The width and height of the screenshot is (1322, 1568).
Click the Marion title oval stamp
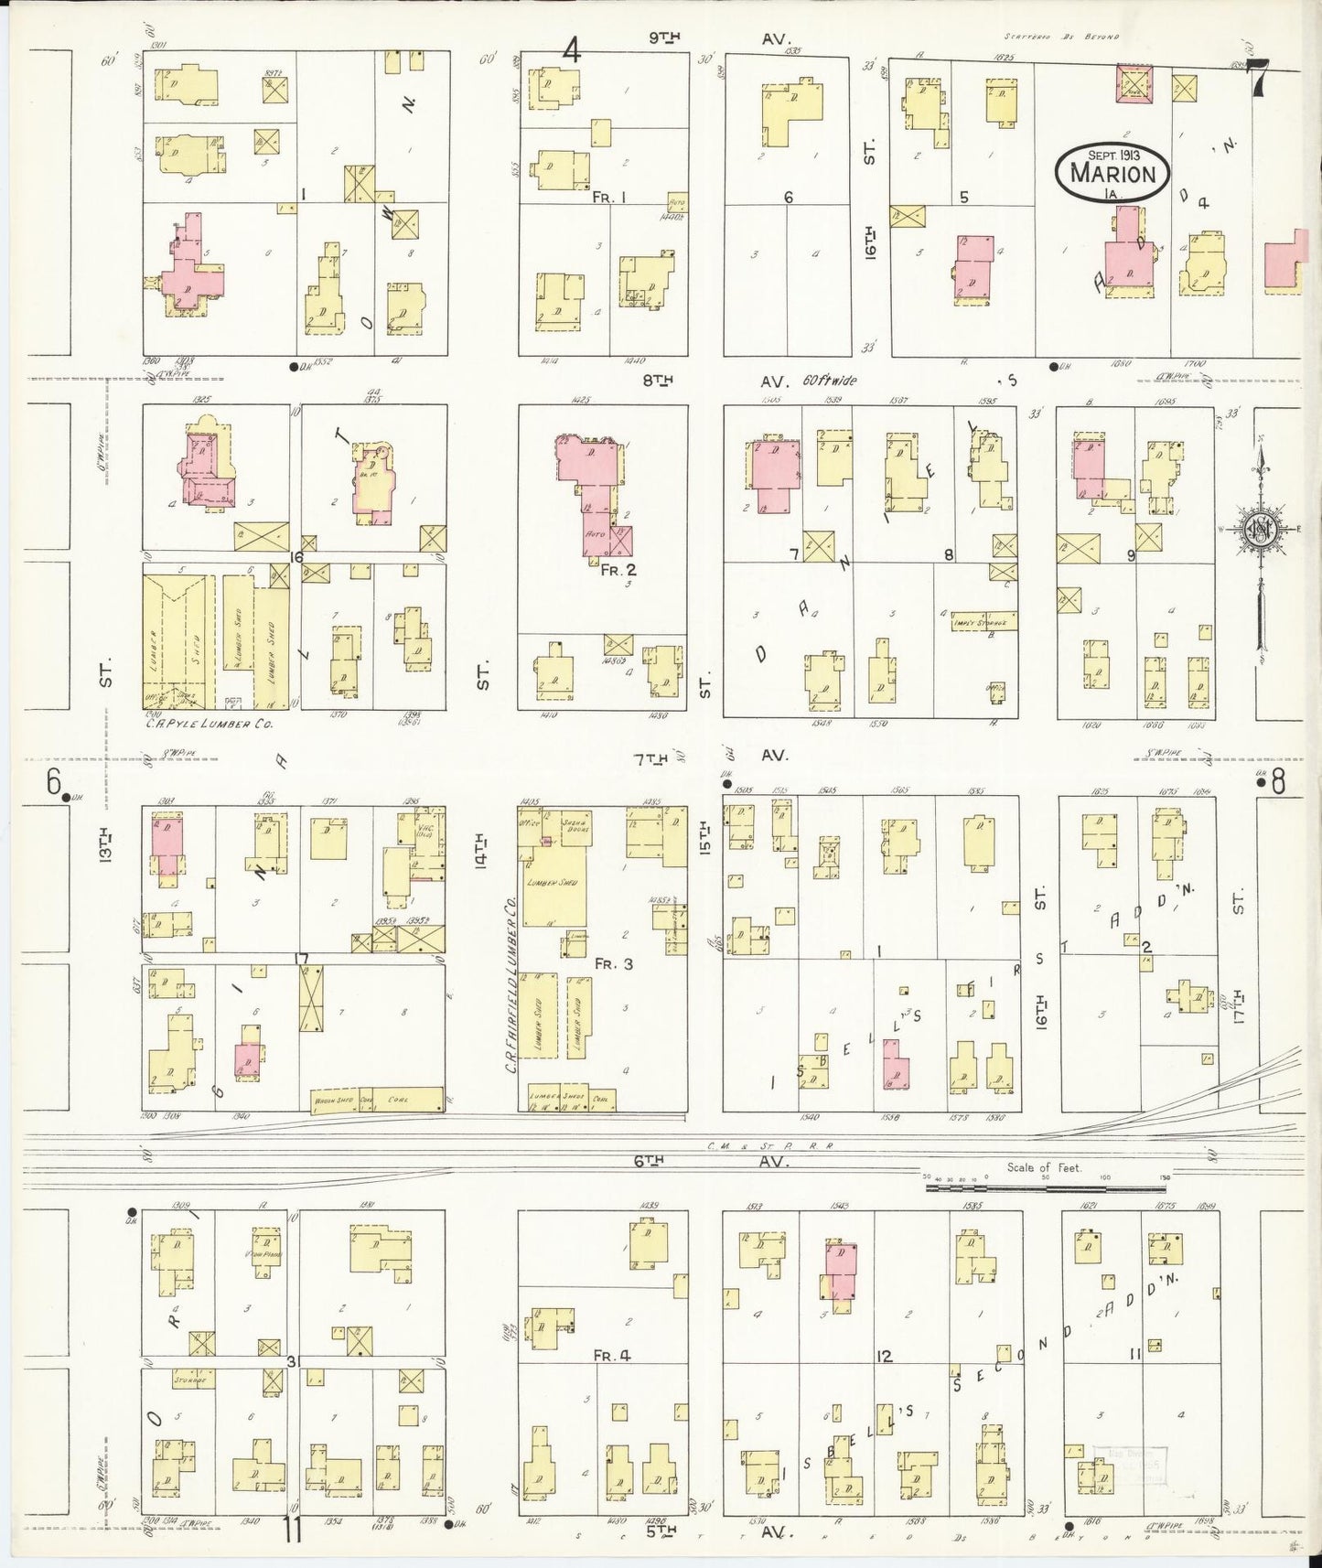coord(1112,170)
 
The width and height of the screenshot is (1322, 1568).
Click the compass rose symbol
coord(1258,529)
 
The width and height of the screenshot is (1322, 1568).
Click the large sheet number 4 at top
coord(572,48)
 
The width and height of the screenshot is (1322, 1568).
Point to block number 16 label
coord(296,556)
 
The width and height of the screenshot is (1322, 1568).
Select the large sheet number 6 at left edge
coord(53,782)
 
